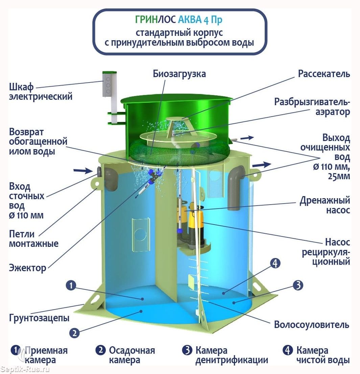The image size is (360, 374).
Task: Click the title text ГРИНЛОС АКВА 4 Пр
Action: (179, 20)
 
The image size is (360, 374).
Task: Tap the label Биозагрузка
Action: (179, 74)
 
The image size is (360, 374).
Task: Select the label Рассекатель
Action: (324, 74)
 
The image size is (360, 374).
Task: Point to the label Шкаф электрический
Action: (41, 92)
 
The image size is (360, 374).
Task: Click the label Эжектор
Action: (28, 268)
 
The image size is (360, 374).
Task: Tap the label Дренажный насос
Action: (325, 205)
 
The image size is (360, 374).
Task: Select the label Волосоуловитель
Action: (311, 325)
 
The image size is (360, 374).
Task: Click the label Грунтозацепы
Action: (39, 318)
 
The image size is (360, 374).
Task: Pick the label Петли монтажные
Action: (34, 238)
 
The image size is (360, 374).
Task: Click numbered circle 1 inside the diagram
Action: (71, 286)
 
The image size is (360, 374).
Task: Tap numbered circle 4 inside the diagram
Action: (275, 263)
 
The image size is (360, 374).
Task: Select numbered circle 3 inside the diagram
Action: (297, 286)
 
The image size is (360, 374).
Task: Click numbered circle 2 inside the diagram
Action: (74, 333)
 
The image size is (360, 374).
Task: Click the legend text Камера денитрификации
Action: (232, 355)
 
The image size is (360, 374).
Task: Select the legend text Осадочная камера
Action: (131, 355)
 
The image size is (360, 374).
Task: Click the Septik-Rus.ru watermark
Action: (25, 369)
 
